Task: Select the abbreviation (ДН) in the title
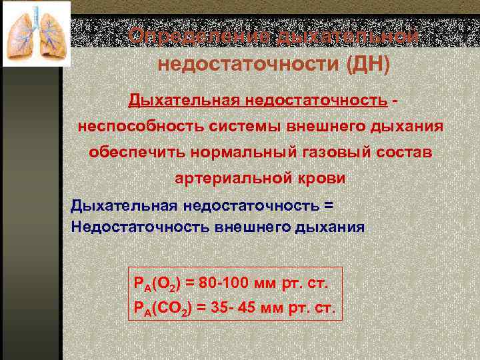tap(364, 65)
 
